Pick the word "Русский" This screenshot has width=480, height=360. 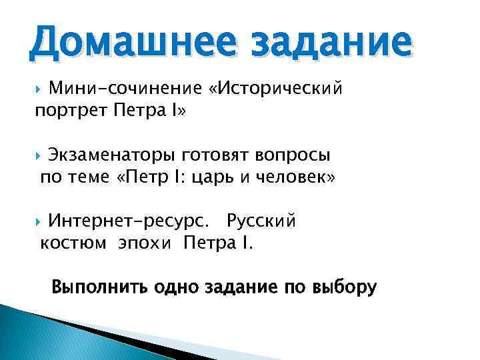coord(261,221)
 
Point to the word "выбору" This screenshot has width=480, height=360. coord(344,287)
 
